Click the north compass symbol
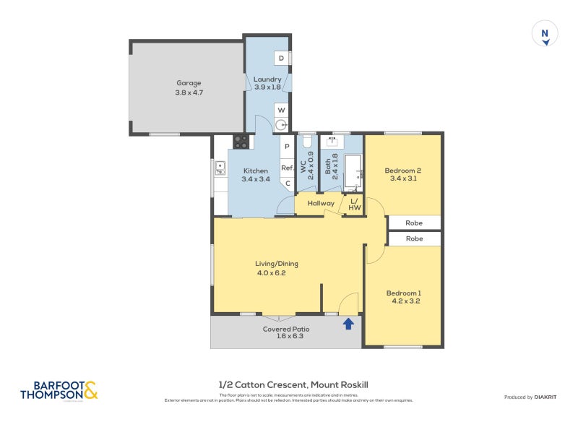click(x=545, y=34)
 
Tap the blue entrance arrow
click(x=348, y=323)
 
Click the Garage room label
click(x=188, y=83)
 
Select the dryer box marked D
click(x=281, y=58)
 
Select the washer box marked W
click(x=281, y=110)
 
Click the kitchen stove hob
click(x=241, y=142)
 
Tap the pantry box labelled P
click(x=287, y=147)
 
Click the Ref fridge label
click(x=287, y=168)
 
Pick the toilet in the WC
click(x=306, y=140)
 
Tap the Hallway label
click(x=321, y=204)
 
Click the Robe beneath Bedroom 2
click(x=414, y=223)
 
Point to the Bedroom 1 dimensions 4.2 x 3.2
click(x=405, y=301)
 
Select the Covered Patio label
click(x=286, y=329)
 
